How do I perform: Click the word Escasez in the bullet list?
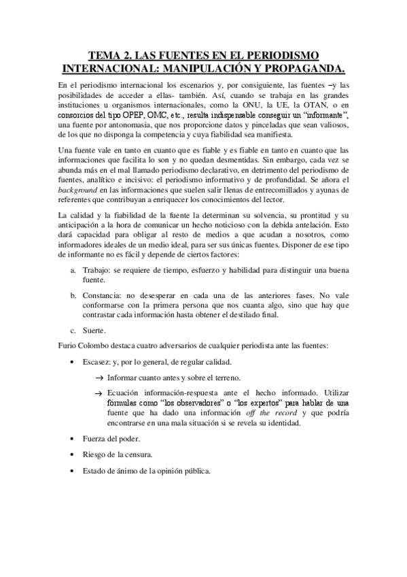click(x=97, y=362)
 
